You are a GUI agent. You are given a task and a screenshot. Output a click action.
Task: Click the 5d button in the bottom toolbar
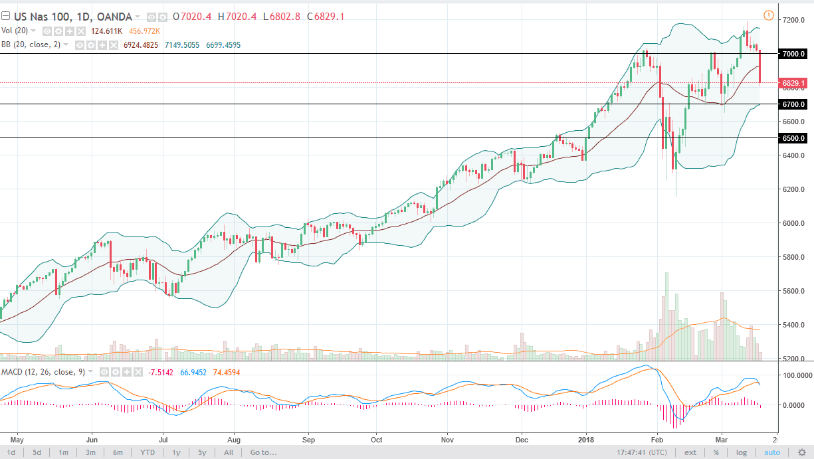[37, 452]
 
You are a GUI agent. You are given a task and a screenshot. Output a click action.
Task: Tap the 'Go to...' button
[263, 452]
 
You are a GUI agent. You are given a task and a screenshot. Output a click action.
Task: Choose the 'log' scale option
[741, 452]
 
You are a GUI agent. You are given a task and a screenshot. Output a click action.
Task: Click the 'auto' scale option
[771, 452]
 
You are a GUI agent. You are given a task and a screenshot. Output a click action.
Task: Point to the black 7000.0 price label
[794, 54]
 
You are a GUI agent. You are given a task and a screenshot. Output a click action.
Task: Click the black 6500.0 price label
[794, 138]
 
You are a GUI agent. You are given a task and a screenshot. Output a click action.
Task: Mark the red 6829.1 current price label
[794, 84]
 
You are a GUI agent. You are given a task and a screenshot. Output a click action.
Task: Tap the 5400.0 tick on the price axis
[794, 325]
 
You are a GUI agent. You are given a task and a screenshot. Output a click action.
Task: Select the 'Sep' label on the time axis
[308, 439]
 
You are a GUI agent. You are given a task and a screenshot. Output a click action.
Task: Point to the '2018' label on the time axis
[587, 439]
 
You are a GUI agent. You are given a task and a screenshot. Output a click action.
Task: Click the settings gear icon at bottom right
[803, 452]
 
